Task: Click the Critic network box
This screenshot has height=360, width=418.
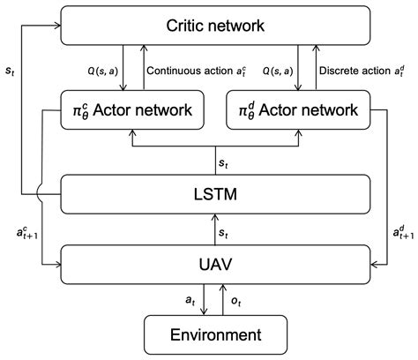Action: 215,26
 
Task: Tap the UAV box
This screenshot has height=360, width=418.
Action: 215,262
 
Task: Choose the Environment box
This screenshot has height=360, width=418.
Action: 215,334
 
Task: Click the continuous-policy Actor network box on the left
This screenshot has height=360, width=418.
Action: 133,109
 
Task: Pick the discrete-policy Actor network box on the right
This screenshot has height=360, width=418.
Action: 298,109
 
